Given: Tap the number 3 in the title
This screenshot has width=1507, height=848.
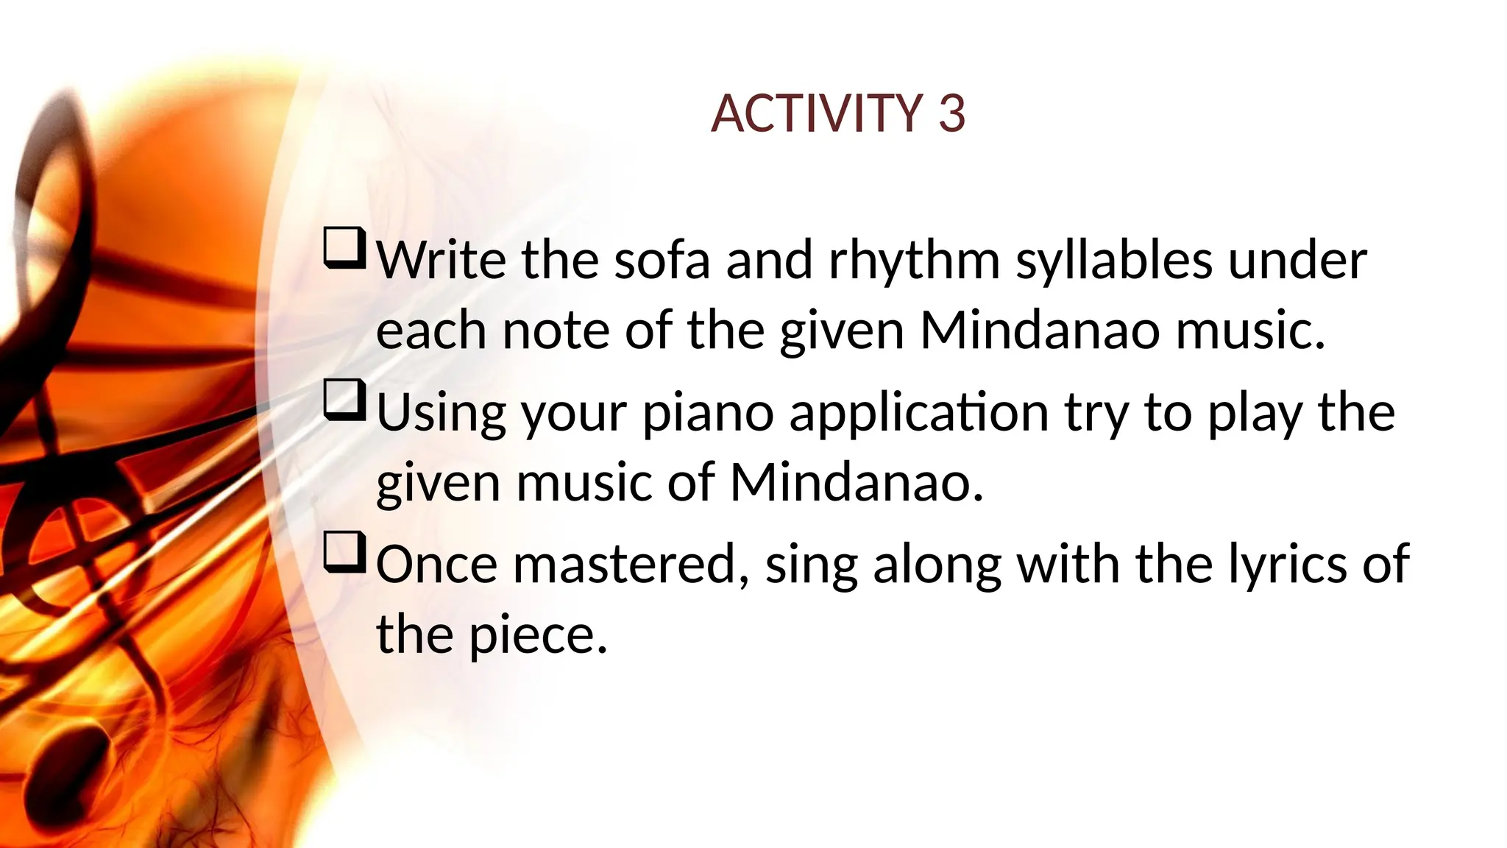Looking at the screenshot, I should coord(951,114).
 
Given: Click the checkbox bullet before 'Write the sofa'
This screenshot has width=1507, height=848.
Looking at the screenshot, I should coord(344,248).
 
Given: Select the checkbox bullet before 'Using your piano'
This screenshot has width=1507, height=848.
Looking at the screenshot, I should coord(344,400).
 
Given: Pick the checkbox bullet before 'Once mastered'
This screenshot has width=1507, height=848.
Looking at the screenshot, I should coord(344,552).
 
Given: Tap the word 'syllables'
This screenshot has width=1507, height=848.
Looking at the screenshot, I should coord(1113,261).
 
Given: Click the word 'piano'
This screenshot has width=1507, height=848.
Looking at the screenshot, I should coord(708,414).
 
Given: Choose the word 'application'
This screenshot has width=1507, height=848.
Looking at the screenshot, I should coord(919,414).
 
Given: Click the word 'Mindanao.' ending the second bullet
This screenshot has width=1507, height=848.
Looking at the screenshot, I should coord(857,483).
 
